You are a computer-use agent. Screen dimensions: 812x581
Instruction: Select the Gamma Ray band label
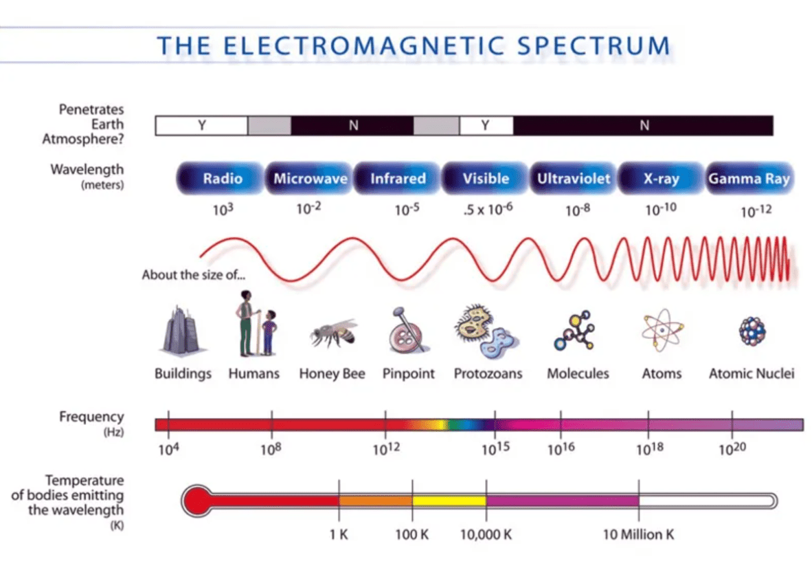coord(749,178)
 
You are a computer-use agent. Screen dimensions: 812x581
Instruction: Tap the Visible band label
coord(485,178)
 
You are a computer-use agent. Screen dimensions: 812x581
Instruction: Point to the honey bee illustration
coord(334,333)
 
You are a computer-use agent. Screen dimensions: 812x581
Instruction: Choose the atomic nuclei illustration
coord(752,331)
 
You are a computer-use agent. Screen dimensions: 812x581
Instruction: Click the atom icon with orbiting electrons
coord(662,330)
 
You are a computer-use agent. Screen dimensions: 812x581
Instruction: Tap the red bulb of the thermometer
coord(196,501)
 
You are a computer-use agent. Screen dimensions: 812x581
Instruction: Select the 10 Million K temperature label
coord(638,534)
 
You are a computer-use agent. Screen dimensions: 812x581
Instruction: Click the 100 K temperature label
coord(411,534)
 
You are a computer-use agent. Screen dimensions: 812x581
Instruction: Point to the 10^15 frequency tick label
coord(495,448)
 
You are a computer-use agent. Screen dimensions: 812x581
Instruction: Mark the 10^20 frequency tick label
coord(732,448)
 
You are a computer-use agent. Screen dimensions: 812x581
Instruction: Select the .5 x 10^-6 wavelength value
coord(488,209)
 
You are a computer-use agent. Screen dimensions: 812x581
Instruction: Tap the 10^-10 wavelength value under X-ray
coord(661,210)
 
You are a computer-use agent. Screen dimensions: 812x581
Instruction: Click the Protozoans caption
coord(488,373)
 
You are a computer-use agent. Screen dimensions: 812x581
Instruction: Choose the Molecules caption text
coord(578,373)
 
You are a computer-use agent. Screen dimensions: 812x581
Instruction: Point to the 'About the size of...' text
coord(194,275)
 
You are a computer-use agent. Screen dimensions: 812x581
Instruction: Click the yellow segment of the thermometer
coord(449,501)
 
